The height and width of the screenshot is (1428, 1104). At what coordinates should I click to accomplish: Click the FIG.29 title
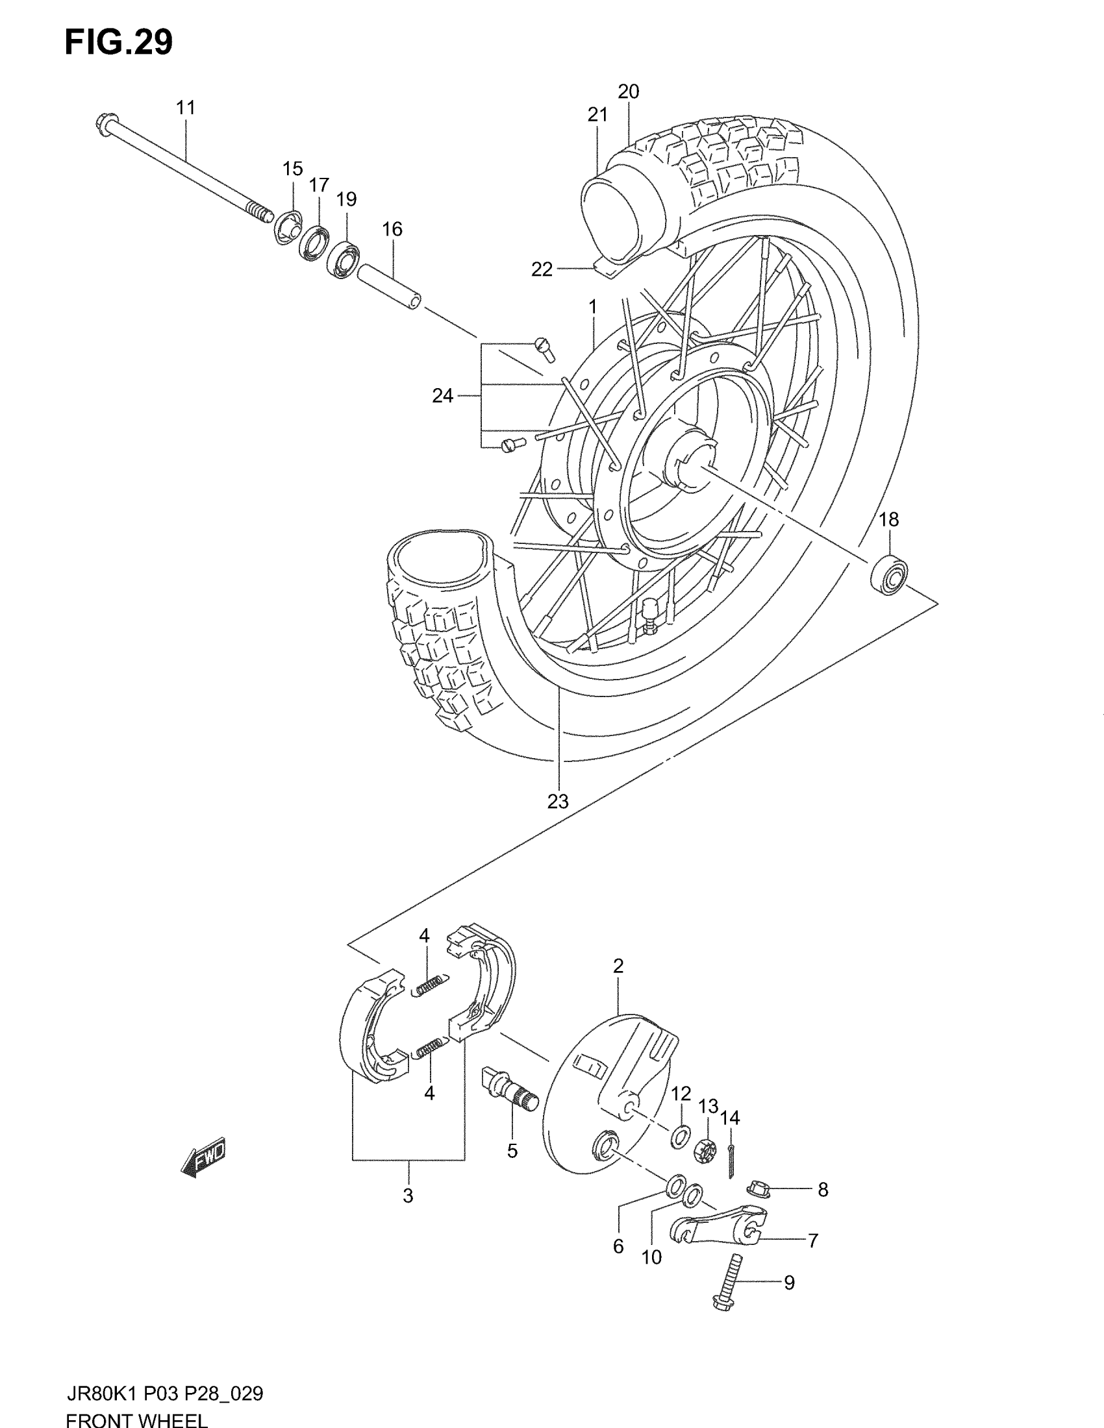pyautogui.click(x=118, y=42)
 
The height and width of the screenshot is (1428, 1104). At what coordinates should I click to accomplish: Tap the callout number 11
pyautogui.click(x=186, y=108)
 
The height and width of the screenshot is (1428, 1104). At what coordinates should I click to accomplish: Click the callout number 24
pyautogui.click(x=443, y=395)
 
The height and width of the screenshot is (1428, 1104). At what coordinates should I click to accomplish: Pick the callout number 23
pyautogui.click(x=558, y=801)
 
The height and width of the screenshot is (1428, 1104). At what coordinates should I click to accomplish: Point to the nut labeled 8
pyautogui.click(x=760, y=1187)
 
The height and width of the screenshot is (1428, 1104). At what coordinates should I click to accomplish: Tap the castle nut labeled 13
pyautogui.click(x=707, y=1148)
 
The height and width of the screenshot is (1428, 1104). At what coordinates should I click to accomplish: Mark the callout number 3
pyautogui.click(x=408, y=1196)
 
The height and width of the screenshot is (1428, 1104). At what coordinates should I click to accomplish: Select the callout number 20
pyautogui.click(x=629, y=92)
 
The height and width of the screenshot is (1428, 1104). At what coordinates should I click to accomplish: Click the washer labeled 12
pyautogui.click(x=679, y=1137)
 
